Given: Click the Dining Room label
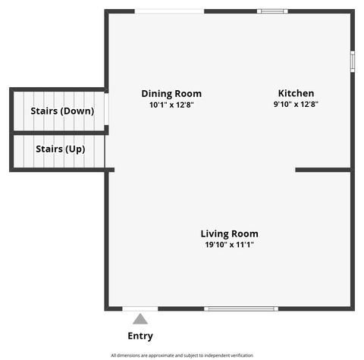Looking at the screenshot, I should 171,93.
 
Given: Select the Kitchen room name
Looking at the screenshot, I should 296,93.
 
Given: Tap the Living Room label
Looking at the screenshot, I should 229,233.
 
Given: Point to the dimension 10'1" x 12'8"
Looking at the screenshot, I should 171,105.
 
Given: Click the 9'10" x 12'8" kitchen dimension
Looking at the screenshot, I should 296,105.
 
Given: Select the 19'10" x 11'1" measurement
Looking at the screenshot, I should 229,245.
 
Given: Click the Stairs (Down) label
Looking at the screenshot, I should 62,111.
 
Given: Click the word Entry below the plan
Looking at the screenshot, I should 140,336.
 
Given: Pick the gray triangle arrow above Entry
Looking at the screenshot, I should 140,319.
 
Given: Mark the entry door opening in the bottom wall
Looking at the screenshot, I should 140,308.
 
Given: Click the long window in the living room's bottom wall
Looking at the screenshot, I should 241,308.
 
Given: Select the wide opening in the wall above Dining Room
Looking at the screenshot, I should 169,11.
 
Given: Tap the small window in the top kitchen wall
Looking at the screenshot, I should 272,11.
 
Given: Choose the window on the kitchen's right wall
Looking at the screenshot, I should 352,61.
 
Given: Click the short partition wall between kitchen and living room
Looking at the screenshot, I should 323,170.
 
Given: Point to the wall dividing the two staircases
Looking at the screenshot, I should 59,133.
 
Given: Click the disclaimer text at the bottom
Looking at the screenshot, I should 182,355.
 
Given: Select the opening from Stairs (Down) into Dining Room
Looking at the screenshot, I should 106,109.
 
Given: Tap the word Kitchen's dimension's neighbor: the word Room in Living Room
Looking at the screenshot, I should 244,233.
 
